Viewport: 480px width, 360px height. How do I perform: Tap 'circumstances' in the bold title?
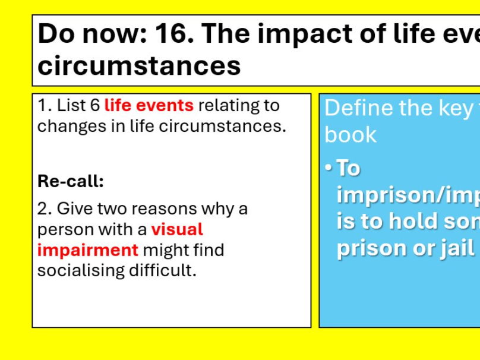139,65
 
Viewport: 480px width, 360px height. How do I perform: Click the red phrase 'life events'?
149,106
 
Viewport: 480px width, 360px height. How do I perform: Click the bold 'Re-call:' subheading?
71,181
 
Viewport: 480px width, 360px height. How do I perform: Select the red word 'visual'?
177,229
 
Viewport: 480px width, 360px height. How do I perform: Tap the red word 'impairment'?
88,250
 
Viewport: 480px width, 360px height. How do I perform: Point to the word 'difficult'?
165,270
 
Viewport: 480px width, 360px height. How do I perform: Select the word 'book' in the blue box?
350,135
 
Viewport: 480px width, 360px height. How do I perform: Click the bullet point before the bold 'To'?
329,168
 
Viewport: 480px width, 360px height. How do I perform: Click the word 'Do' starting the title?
55,34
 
